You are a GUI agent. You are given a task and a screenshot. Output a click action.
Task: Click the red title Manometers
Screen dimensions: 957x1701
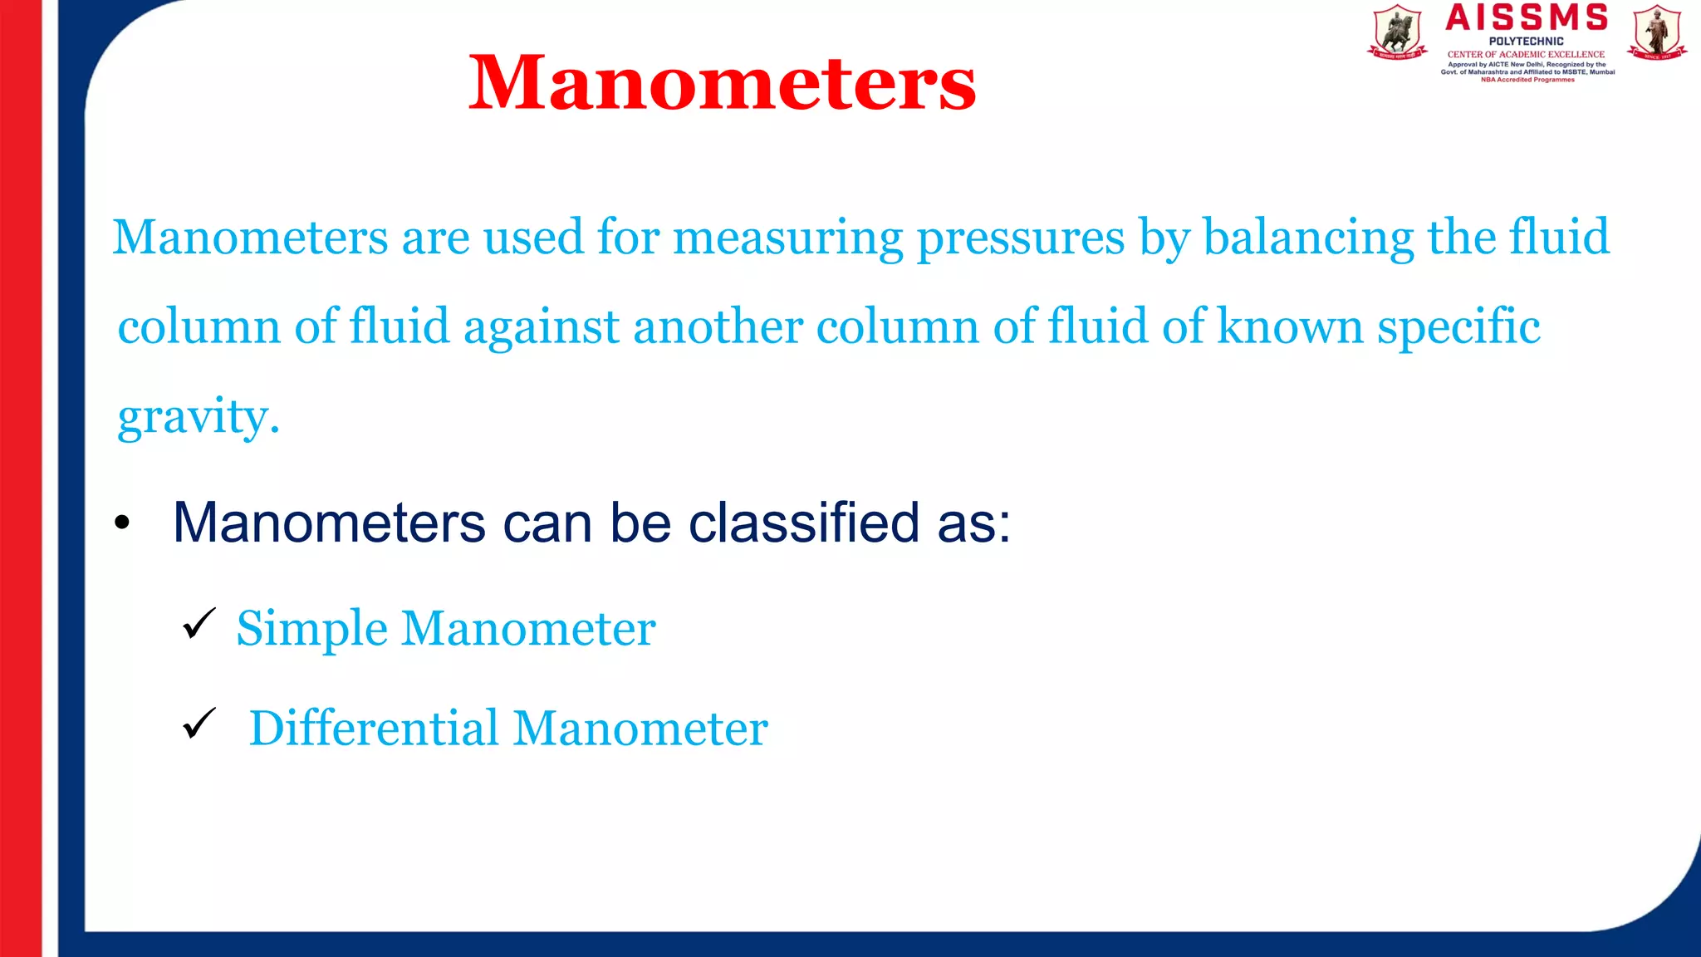[722, 82]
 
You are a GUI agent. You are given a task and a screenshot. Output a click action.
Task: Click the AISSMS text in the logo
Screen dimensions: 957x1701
[1527, 17]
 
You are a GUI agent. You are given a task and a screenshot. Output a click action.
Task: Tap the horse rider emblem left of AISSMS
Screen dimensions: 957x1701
[1397, 32]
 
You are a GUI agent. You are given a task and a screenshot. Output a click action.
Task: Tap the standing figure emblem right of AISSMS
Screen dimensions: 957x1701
[1657, 32]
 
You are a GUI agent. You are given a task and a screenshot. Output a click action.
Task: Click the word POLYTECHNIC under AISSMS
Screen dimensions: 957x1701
[1527, 41]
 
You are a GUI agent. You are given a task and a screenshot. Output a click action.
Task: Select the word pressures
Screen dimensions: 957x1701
[1021, 238]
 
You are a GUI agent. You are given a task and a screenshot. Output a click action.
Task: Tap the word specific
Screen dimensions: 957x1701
[1458, 327]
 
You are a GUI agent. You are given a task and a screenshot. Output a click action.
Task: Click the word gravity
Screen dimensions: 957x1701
[198, 417]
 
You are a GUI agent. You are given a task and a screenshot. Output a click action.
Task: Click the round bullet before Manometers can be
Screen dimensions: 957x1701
[123, 523]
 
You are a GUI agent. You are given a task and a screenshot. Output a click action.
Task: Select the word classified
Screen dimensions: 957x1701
[804, 523]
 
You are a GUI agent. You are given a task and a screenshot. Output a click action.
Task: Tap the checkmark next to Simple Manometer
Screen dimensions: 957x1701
[199, 623]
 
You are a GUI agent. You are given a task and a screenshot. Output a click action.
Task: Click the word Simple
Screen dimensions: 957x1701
[311, 629]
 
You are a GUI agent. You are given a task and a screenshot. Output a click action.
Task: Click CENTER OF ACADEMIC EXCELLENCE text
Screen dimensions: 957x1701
[1527, 54]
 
